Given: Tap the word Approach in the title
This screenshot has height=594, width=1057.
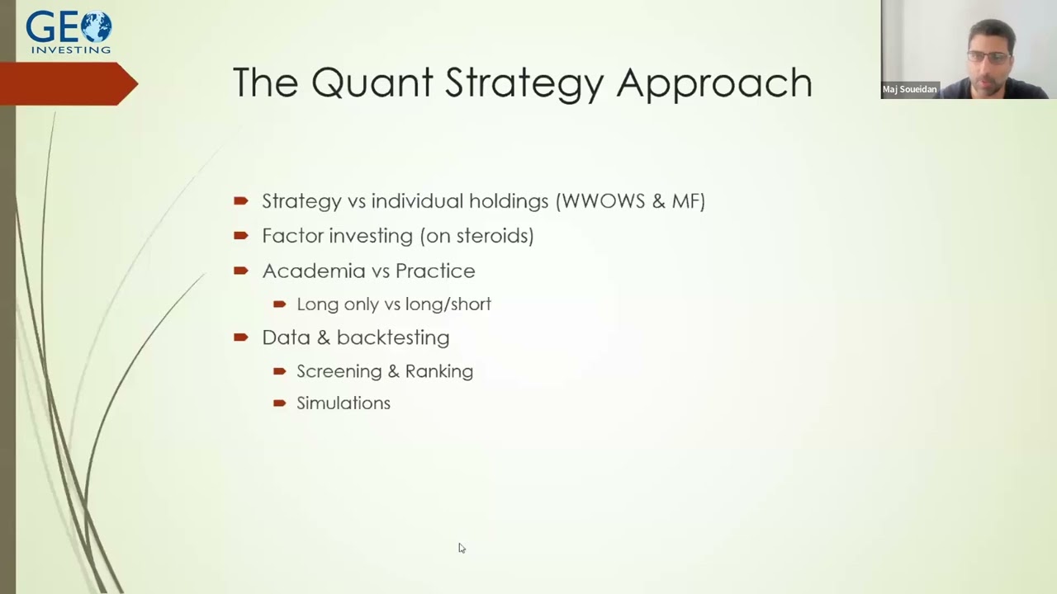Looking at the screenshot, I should pyautogui.click(x=713, y=84).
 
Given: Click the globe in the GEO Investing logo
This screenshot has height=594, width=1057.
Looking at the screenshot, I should pyautogui.click(x=96, y=26).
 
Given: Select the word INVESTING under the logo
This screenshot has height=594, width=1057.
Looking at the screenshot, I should pyautogui.click(x=70, y=49).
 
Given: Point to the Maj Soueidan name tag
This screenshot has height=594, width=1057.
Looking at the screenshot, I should pyautogui.click(x=909, y=89).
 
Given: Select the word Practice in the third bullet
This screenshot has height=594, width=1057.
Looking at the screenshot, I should pyautogui.click(x=435, y=271).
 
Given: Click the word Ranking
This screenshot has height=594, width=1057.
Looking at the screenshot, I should pyautogui.click(x=438, y=371).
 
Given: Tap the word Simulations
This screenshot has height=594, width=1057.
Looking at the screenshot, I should pyautogui.click(x=344, y=403).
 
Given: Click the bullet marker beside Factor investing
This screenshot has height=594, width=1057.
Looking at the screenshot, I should pyautogui.click(x=240, y=235).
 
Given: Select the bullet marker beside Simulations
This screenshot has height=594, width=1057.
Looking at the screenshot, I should pyautogui.click(x=279, y=403).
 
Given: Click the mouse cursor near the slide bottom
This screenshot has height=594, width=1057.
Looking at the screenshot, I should pyautogui.click(x=461, y=547).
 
